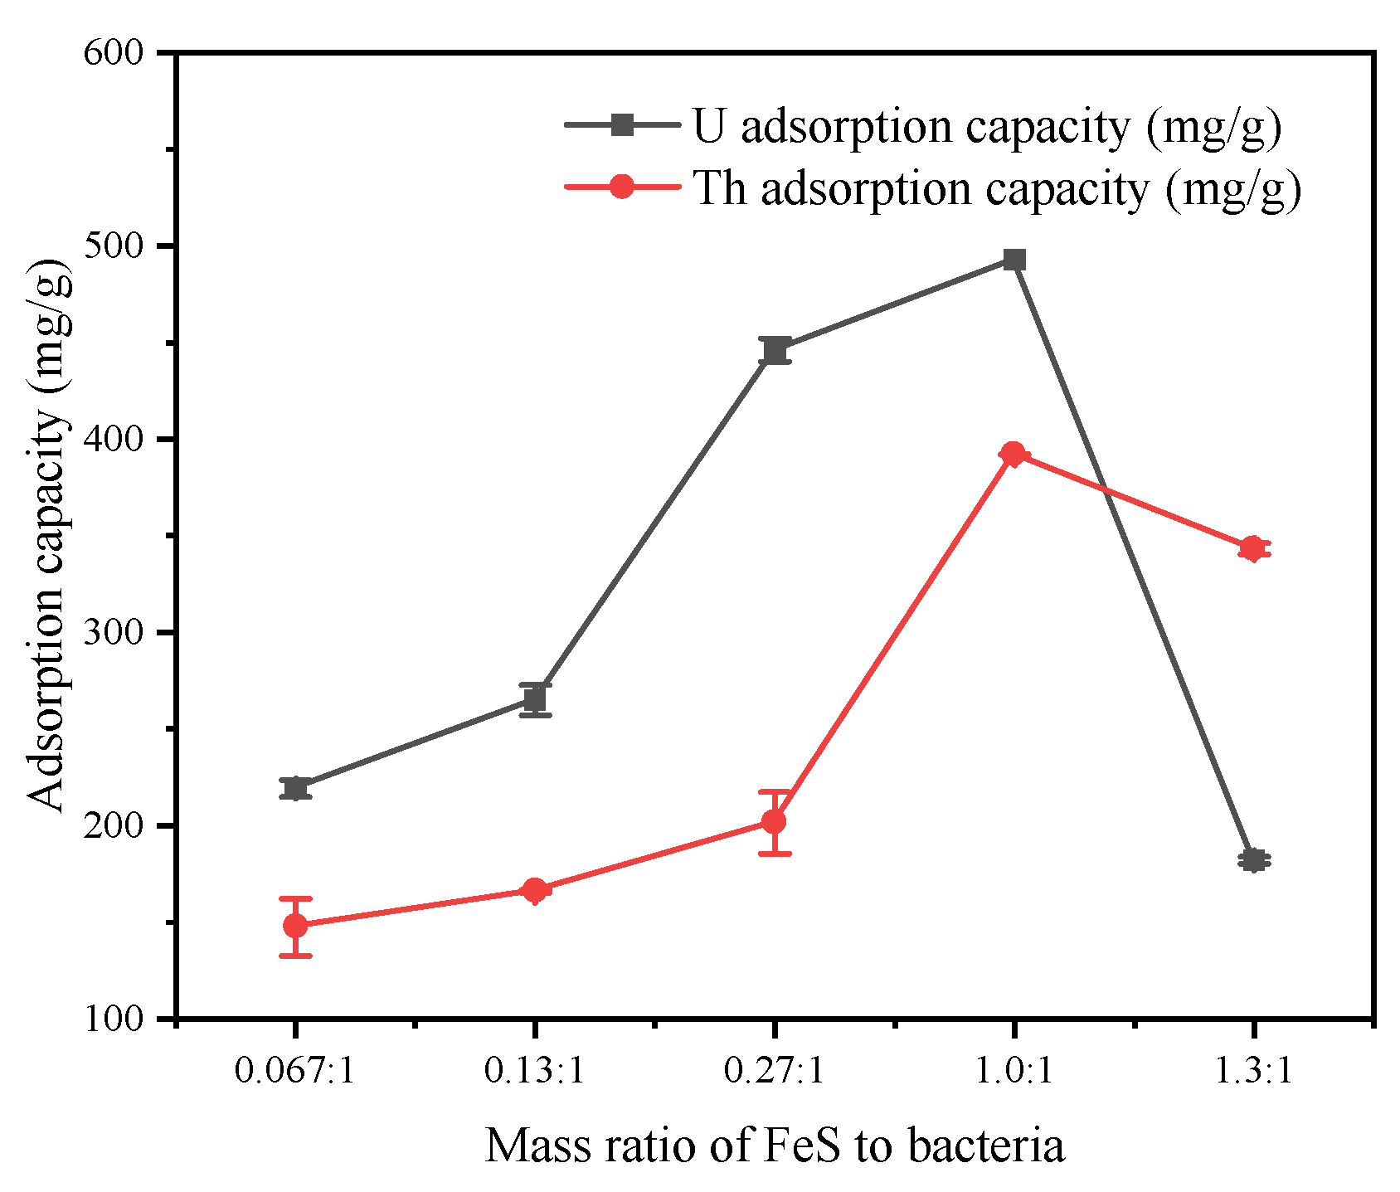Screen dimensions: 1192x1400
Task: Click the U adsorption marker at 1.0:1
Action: (x=1014, y=260)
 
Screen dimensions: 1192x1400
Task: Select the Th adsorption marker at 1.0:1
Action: (x=1013, y=454)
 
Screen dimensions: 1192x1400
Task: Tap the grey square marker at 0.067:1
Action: (x=295, y=788)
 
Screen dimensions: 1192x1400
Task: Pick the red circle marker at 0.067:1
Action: (x=295, y=926)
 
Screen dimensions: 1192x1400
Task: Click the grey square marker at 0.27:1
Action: (x=775, y=351)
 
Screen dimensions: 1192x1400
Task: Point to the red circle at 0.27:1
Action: (x=774, y=822)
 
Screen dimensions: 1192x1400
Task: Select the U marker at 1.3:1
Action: (x=1253, y=860)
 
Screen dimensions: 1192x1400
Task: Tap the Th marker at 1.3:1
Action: (x=1252, y=548)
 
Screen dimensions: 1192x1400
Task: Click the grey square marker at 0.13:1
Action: (x=535, y=699)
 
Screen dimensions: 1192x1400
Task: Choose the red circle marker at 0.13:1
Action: (x=535, y=890)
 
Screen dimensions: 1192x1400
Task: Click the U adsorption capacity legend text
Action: (x=986, y=127)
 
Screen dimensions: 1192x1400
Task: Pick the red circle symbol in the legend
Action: (x=622, y=187)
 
